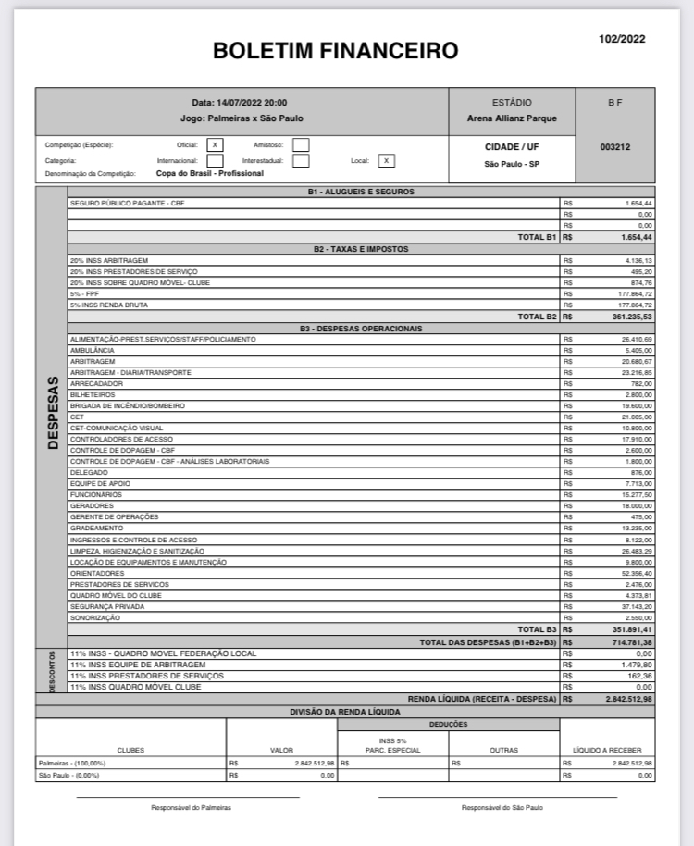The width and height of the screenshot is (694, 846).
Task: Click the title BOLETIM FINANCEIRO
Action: pos(335,51)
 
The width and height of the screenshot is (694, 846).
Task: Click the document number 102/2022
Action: pos(622,39)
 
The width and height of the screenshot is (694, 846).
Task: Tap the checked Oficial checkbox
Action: pos(215,145)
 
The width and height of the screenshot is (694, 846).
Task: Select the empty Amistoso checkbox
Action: pos(301,145)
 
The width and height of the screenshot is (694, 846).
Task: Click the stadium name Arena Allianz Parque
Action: pos(512,118)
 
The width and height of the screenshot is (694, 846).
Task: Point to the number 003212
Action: pos(615,147)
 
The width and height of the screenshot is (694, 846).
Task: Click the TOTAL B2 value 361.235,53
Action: pos(631,317)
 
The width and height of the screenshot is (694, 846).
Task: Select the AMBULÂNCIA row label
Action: pos(92,351)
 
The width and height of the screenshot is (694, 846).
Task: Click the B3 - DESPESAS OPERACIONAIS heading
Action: pos(361,329)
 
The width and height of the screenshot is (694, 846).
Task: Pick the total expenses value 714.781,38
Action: pos(631,641)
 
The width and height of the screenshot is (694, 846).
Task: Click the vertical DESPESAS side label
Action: pos(52,413)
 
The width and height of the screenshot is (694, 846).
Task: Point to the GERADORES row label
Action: pos(92,506)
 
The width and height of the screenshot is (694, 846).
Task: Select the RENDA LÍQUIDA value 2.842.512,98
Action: pos(628,699)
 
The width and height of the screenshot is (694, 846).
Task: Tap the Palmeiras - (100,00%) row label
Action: pos(72,764)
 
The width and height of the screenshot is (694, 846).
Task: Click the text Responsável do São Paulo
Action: pos(502,807)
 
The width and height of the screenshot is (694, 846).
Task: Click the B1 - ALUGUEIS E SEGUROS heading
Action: pos(361,192)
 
